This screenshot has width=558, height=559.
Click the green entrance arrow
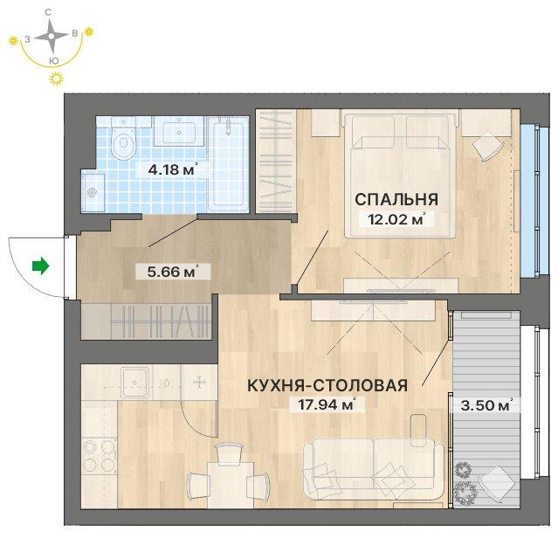click(40, 266)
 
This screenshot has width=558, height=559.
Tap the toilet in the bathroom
click(124, 138)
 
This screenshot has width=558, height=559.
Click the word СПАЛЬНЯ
click(396, 199)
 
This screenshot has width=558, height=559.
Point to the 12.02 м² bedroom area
click(397, 219)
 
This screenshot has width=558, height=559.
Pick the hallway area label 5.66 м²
click(172, 272)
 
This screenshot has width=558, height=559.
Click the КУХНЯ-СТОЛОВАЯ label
click(327, 385)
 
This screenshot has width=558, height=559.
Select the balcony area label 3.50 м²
click(486, 405)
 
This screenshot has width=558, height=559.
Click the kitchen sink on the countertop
click(135, 383)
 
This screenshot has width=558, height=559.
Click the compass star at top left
click(52, 36)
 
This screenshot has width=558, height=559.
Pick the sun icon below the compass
click(56, 79)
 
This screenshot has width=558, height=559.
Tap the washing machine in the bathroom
click(93, 192)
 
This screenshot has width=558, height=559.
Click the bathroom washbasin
click(179, 131)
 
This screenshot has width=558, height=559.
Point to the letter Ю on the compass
click(53, 60)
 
